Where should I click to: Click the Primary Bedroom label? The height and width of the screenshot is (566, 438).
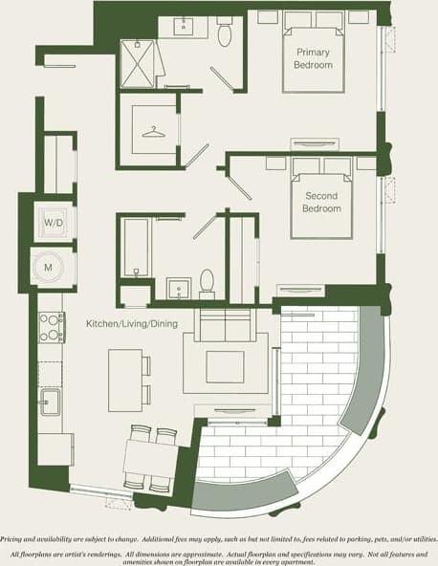[314, 58]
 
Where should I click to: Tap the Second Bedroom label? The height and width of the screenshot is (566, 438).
[321, 203]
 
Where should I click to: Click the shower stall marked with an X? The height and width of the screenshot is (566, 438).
[140, 64]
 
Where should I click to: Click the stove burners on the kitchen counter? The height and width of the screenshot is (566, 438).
[51, 327]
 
